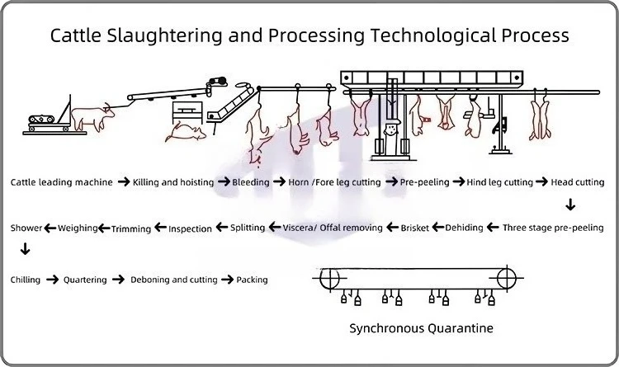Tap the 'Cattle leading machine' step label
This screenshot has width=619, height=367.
coord(62,181)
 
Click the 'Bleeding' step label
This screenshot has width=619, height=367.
coord(250,181)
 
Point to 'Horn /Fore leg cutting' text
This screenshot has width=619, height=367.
coord(335,181)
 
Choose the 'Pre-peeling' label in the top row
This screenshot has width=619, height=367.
coord(424,181)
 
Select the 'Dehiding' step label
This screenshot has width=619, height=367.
coord(464,228)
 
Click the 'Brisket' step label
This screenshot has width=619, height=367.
coord(414,228)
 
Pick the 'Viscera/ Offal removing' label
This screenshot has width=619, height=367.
coord(333,228)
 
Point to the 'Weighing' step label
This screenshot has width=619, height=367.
coord(78,228)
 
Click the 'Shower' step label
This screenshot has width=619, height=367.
coord(26,228)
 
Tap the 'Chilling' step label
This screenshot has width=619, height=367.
coord(26,280)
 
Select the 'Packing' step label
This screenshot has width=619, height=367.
coord(252,280)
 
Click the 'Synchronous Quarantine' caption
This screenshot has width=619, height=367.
coord(421,328)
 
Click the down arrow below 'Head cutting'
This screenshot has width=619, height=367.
coord(570,205)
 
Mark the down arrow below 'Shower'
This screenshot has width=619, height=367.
coord(26,249)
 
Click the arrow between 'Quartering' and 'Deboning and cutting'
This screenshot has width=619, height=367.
coord(119,280)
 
